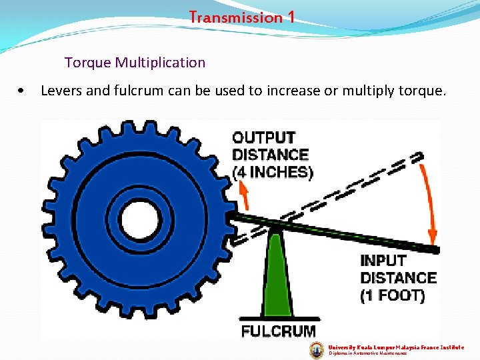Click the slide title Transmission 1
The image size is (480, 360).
(x=241, y=17)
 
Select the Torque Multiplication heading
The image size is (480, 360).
(x=135, y=63)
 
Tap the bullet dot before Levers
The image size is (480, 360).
(x=23, y=91)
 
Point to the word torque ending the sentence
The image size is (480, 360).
(x=422, y=91)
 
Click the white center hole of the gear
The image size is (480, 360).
(x=140, y=217)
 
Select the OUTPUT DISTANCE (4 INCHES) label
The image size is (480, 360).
(x=272, y=155)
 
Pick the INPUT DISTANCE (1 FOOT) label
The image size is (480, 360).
(x=398, y=278)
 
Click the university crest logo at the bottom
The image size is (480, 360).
(x=317, y=350)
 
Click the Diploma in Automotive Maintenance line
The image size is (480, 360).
(x=368, y=354)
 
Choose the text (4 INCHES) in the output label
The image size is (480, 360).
(x=272, y=172)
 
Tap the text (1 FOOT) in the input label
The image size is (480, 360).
(x=392, y=295)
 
